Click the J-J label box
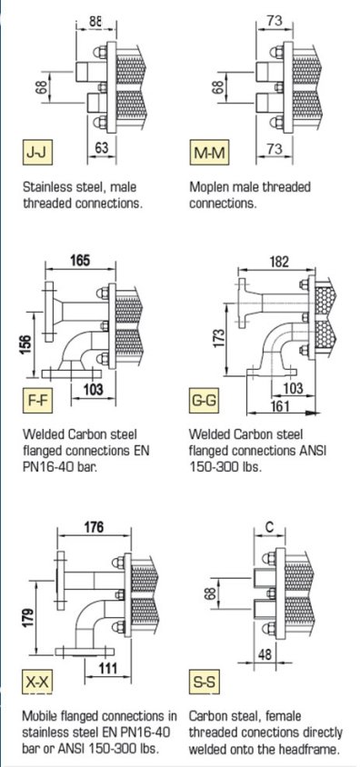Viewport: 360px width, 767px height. pyautogui.click(x=37, y=152)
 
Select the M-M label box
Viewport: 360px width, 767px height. pyautogui.click(x=209, y=153)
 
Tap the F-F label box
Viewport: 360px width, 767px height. pyautogui.click(x=37, y=401)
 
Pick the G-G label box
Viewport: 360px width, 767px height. pyautogui.click(x=204, y=401)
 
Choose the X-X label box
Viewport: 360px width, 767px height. pyautogui.click(x=37, y=682)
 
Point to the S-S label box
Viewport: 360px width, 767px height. pyautogui.click(x=204, y=682)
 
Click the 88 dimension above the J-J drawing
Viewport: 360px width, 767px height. pyautogui.click(x=95, y=21)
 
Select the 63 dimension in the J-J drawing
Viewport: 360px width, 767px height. pyautogui.click(x=102, y=147)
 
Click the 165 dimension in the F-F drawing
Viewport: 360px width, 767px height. pyautogui.click(x=80, y=260)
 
